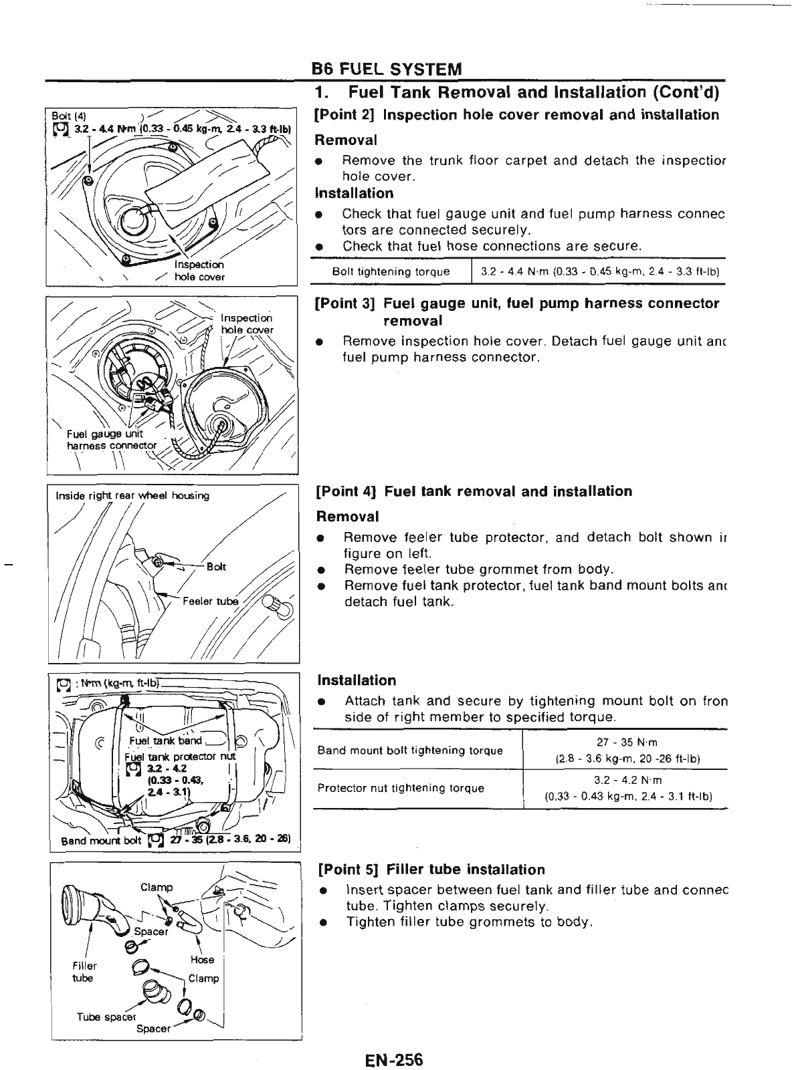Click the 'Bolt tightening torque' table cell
tap(391, 272)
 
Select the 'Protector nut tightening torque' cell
tap(401, 788)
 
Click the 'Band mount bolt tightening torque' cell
tap(410, 750)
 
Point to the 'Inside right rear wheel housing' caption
tap(132, 495)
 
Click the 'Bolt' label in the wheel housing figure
tap(216, 567)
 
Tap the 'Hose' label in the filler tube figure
tap(202, 959)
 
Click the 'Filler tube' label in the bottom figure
tap(84, 972)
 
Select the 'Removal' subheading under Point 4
tap(347, 517)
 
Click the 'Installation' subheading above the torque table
tap(357, 680)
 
